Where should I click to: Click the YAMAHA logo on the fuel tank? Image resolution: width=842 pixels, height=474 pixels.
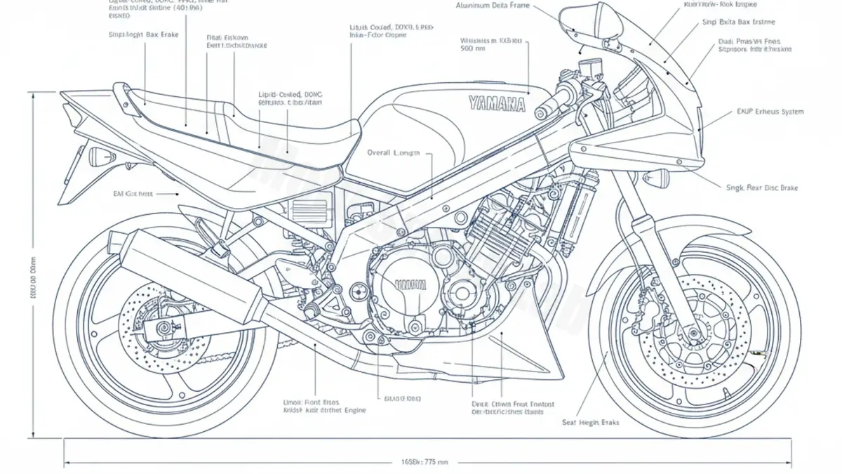[x=496, y=105]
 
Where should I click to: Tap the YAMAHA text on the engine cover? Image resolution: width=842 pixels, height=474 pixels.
[x=410, y=284]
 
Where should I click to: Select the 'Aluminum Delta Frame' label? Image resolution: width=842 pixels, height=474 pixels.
[x=493, y=6]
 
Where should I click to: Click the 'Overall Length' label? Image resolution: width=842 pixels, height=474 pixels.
[x=393, y=152]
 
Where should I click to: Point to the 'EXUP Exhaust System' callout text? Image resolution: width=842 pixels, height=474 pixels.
[x=770, y=112]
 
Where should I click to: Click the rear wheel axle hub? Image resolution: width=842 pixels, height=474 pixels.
[x=163, y=327]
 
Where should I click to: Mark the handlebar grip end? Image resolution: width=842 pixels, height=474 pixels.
[x=542, y=112]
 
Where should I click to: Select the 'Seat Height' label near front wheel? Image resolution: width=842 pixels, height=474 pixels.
[x=590, y=423]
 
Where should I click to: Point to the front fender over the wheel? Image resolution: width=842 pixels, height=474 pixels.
[x=674, y=232]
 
